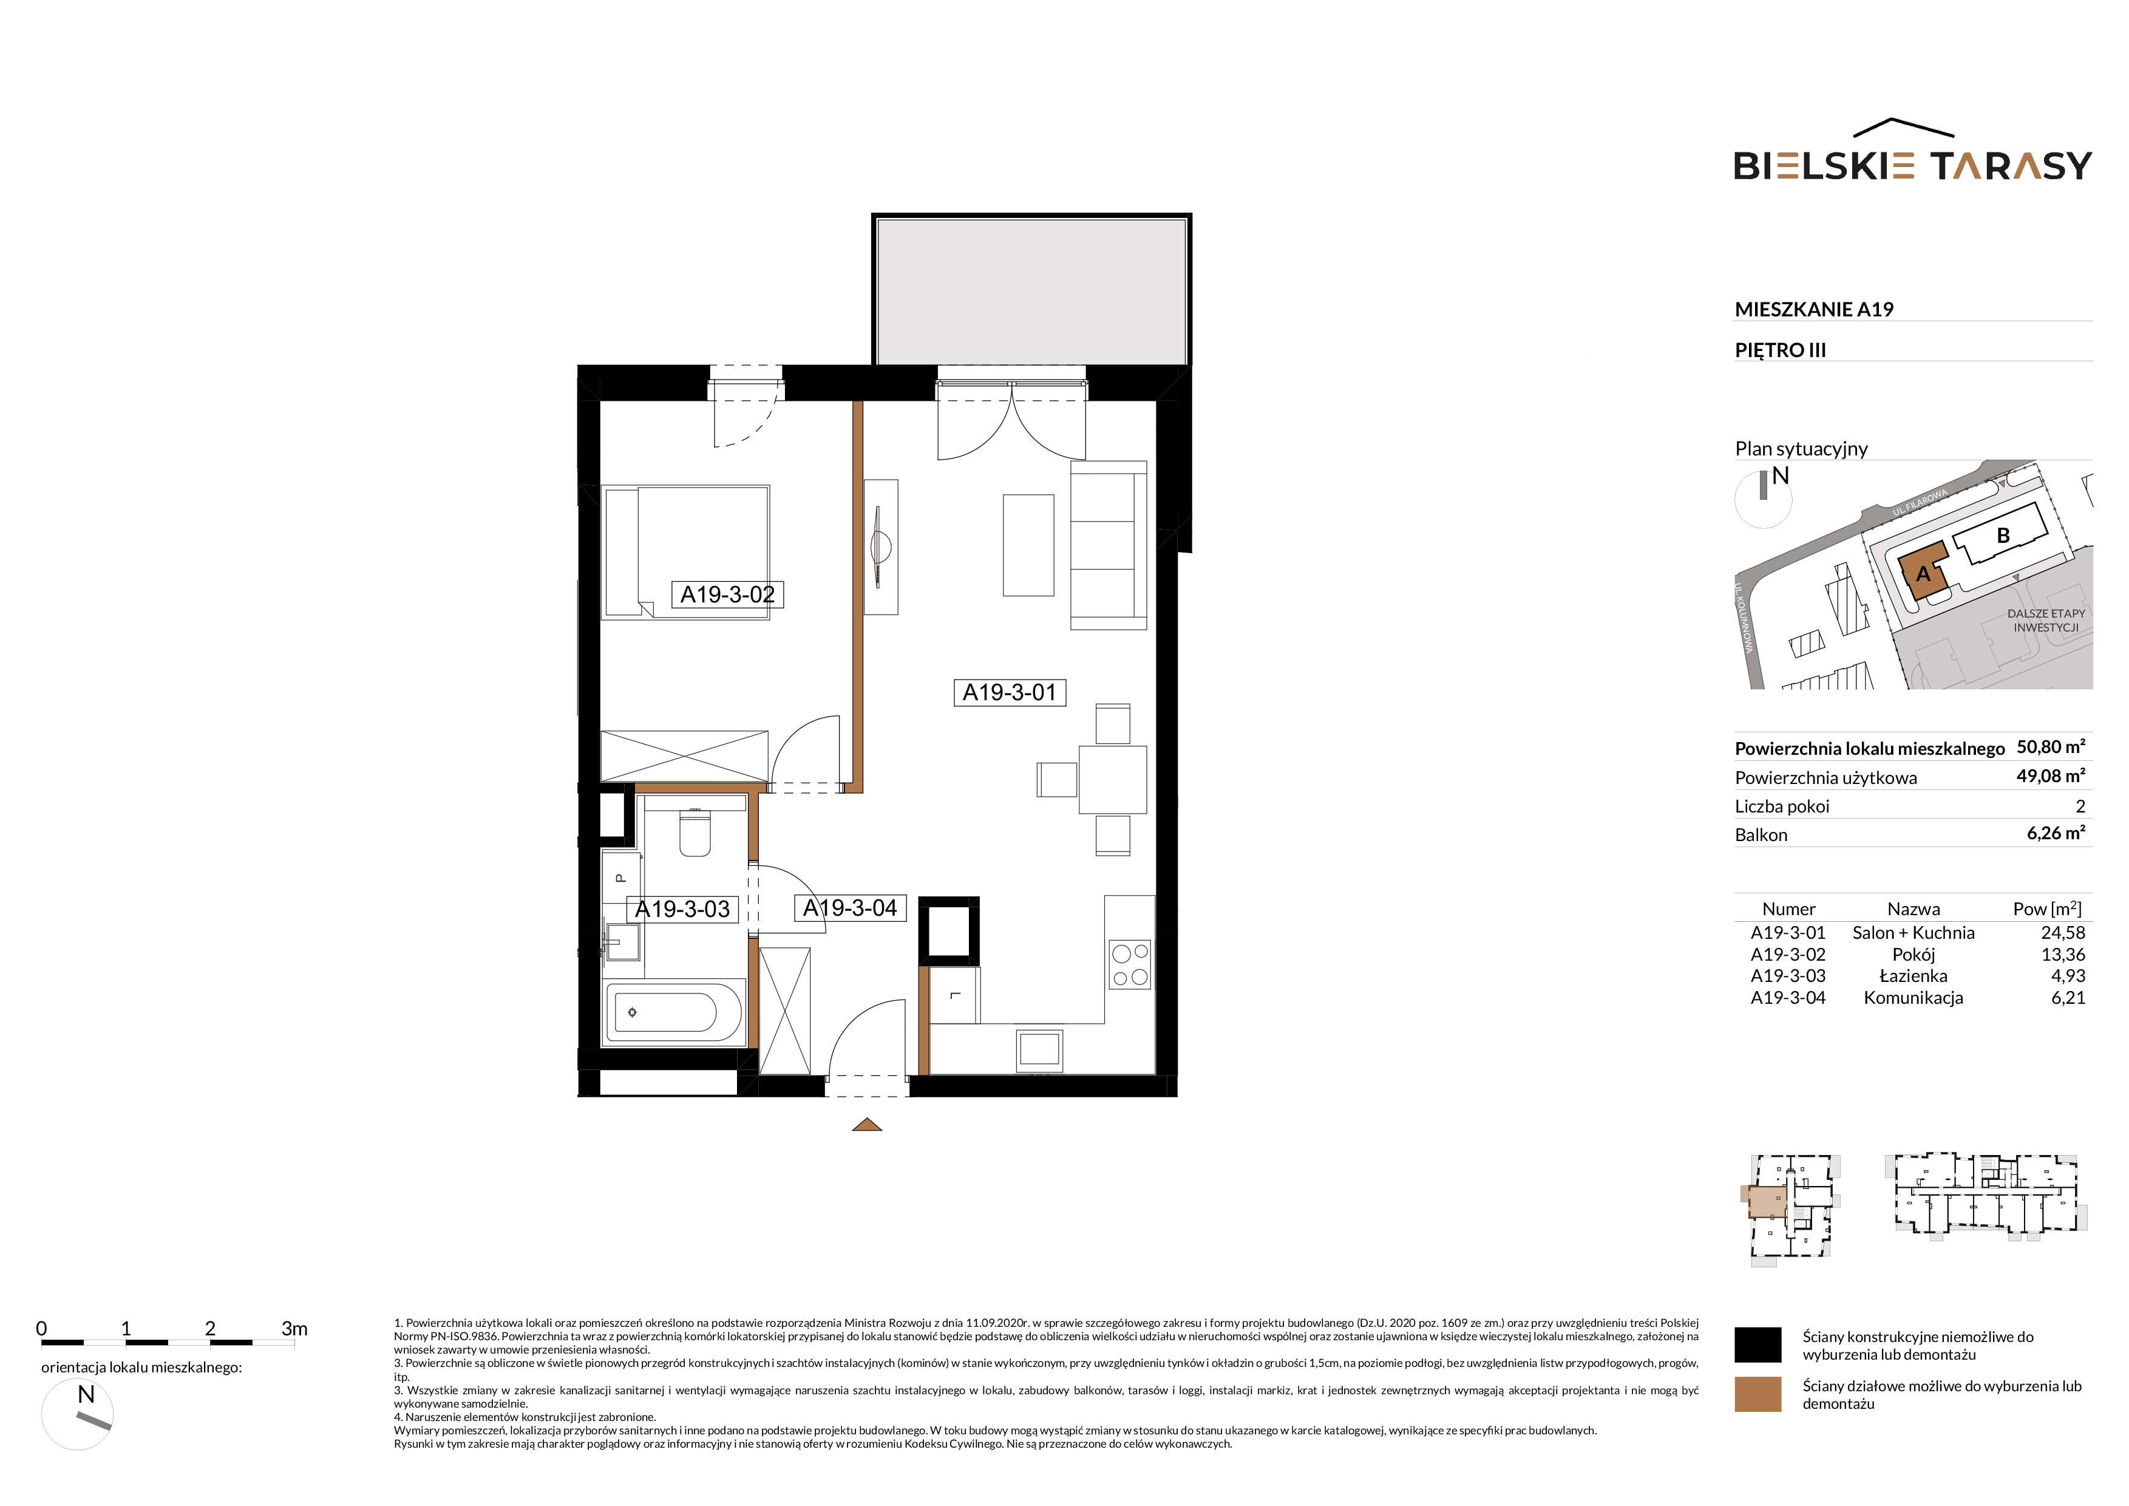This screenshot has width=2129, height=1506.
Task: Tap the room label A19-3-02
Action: (x=727, y=595)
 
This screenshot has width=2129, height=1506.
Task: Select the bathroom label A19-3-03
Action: (x=682, y=909)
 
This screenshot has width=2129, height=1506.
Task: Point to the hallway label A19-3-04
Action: (x=851, y=908)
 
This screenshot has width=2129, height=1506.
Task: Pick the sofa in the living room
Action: (x=1109, y=545)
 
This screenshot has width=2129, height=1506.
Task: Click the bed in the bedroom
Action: (x=685, y=552)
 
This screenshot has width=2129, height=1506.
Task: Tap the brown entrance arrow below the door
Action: (x=866, y=1125)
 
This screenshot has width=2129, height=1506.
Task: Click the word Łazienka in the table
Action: (x=1913, y=976)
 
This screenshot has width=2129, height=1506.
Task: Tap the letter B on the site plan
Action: (x=2003, y=535)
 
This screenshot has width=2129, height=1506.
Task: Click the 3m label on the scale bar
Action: (x=294, y=1329)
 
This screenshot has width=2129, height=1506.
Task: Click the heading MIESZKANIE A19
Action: (x=1814, y=310)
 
